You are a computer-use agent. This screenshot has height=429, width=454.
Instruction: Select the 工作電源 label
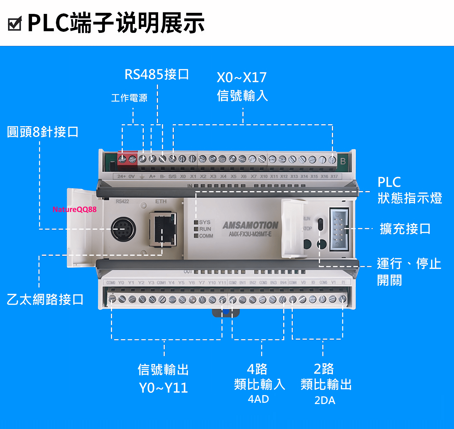click(x=129, y=98)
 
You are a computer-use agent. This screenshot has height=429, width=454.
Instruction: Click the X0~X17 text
click(x=242, y=77)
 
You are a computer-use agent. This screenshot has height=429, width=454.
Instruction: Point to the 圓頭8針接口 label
click(x=43, y=132)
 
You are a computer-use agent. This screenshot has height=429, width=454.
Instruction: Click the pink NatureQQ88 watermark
click(x=74, y=209)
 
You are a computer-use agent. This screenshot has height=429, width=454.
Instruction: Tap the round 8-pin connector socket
click(x=123, y=229)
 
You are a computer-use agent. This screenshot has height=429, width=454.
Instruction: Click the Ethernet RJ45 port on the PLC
click(x=163, y=229)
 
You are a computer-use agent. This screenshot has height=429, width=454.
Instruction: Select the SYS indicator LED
click(x=196, y=222)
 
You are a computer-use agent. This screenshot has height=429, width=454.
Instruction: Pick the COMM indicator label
click(x=206, y=236)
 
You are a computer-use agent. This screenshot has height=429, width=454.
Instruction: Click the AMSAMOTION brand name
click(x=250, y=225)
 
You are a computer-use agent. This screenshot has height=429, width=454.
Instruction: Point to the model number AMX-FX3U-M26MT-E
click(x=250, y=234)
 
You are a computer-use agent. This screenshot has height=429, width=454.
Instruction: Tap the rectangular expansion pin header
click(x=339, y=229)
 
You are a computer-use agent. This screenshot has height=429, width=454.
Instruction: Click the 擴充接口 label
click(x=405, y=229)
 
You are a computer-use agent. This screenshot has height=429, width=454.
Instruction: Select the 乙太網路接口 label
click(x=45, y=300)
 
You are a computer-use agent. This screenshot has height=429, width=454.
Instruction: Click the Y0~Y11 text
click(x=163, y=388)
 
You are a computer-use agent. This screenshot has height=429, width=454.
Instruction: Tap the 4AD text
click(x=258, y=399)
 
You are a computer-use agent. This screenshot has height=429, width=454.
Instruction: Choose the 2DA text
click(x=325, y=400)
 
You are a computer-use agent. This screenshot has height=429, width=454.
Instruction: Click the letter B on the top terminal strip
click(x=343, y=161)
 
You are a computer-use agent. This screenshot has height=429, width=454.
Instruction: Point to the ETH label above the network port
click(x=161, y=201)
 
